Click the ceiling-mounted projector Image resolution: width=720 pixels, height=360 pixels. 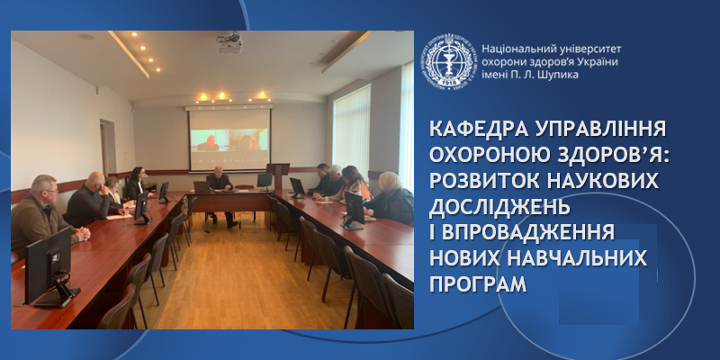click(x=229, y=41)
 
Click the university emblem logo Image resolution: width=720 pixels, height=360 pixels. click(x=450, y=61)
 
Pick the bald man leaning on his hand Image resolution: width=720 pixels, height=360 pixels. click(x=92, y=199)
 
